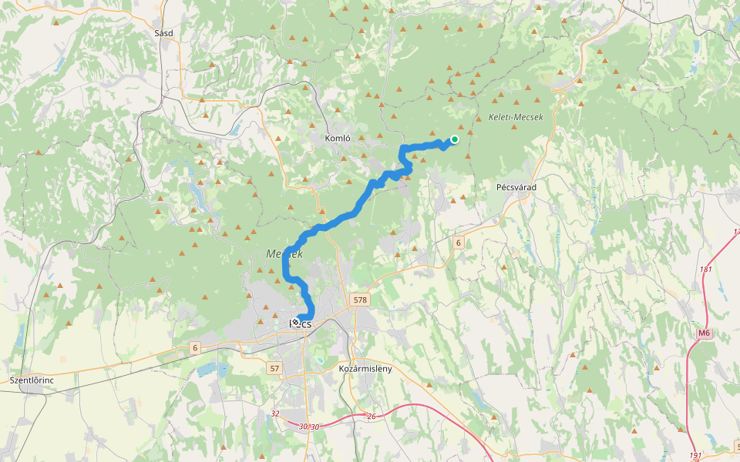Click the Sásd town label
[x=163, y=33]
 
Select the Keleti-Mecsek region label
[x=516, y=117]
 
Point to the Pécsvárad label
[x=516, y=187]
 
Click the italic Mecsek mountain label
[x=284, y=253]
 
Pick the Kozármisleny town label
[x=365, y=369]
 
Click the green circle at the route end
[x=455, y=139]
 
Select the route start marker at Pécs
[x=295, y=323]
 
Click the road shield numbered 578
[x=359, y=299]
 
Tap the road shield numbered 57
[x=274, y=369]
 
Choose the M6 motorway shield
[x=704, y=333]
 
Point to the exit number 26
[x=371, y=417]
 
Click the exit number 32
[x=275, y=413]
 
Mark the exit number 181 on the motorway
[x=705, y=269]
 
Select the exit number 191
[x=695, y=456]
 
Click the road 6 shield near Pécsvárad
[x=458, y=243]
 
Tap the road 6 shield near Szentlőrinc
[x=195, y=348]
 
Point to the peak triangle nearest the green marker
[x=461, y=127]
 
